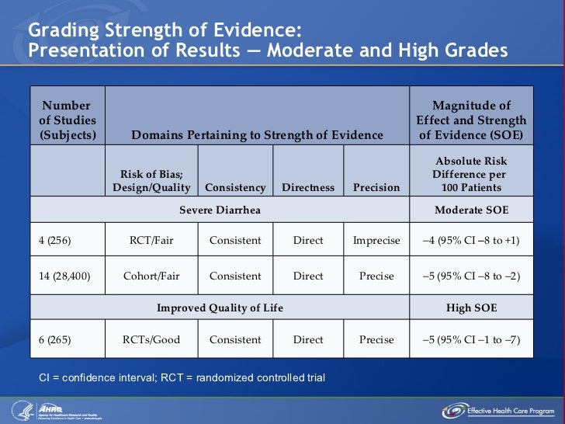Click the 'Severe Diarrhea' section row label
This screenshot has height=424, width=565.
coord(220,210)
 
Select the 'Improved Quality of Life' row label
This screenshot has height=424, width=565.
coord(220,308)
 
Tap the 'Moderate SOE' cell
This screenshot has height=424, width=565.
coord(471,210)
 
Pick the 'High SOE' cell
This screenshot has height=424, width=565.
coord(471,308)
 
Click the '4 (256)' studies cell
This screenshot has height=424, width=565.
coord(55,241)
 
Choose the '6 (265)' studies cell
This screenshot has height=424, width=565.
coord(55,339)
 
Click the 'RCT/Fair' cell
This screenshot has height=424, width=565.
coord(151,241)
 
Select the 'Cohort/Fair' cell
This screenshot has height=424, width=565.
coord(151,276)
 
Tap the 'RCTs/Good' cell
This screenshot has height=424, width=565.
coord(151,339)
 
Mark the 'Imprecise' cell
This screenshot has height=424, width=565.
coord(376,241)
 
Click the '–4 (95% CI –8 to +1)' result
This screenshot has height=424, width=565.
coord(471,241)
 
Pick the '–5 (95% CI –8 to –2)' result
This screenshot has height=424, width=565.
coord(471,276)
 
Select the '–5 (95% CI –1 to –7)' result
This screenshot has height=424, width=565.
coord(471,339)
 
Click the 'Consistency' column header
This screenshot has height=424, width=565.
coord(235,187)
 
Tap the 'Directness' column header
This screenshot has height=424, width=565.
coord(308,187)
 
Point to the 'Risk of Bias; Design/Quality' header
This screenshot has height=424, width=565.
coord(151,181)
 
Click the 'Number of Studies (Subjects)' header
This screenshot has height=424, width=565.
coord(67,120)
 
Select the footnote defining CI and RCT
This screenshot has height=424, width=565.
coord(182,378)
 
